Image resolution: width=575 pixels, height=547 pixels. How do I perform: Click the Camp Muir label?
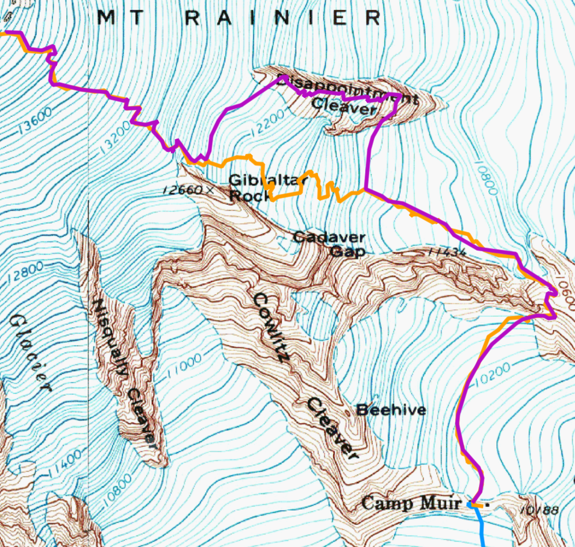point(411,503)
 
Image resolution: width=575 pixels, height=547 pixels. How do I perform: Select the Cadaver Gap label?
point(329,244)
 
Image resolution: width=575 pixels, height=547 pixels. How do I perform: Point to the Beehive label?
point(391,410)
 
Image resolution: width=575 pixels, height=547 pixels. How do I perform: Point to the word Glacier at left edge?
point(30,353)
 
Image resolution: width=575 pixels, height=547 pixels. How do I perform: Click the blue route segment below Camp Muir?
point(482,528)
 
